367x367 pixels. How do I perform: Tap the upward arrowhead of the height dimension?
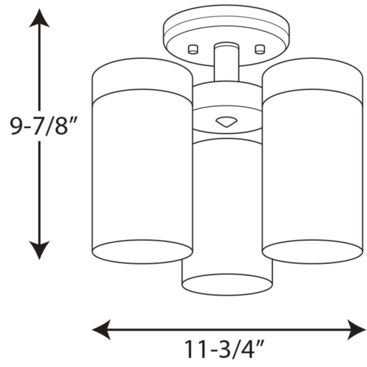pyautogui.click(x=39, y=18)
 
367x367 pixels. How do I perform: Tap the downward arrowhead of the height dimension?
pyautogui.click(x=39, y=250)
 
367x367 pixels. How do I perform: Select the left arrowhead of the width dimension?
pyautogui.click(x=101, y=330)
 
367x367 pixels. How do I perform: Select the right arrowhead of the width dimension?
pyautogui.click(x=357, y=330)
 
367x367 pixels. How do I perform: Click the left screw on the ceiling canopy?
pyautogui.click(x=193, y=49)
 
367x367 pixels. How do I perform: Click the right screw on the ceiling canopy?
pyautogui.click(x=260, y=49)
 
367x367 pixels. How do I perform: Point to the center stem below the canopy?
pyautogui.click(x=226, y=62)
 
